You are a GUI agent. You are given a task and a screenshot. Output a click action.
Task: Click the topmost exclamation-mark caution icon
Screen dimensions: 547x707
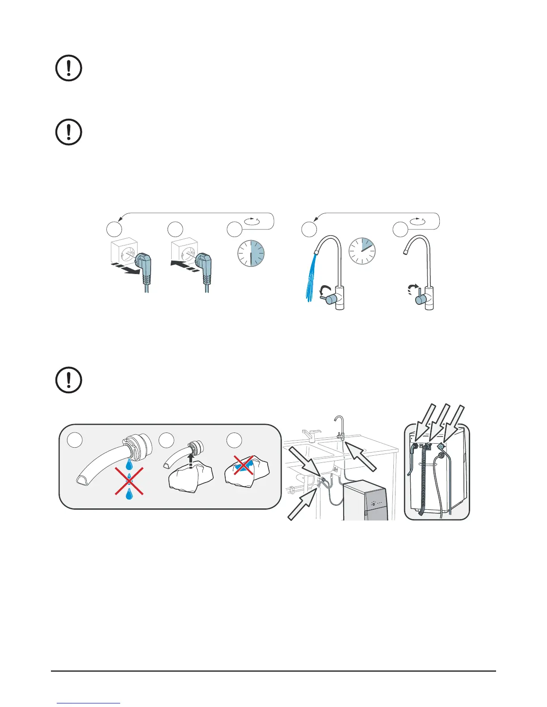pos(69,68)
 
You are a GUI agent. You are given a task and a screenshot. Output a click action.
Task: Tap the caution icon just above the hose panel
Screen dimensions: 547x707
pos(69,380)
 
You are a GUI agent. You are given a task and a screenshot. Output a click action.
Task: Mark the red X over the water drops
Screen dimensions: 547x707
pos(130,481)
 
